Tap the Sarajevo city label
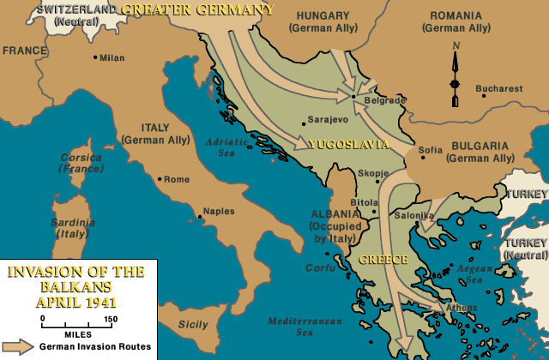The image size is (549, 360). [327, 122]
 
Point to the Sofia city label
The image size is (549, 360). [430, 150]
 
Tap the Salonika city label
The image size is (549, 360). [414, 214]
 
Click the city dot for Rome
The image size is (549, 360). [160, 179]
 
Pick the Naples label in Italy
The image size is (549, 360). [219, 211]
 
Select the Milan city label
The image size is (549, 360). [112, 58]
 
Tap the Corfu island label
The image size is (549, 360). [320, 267]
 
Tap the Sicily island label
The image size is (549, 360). [193, 324]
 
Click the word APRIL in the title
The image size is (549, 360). [55, 303]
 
